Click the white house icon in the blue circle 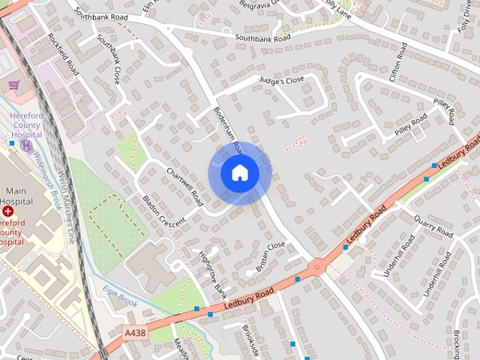239,173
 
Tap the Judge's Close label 282,79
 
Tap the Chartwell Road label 185,187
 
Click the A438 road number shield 136,332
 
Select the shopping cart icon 13,85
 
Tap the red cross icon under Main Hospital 8,212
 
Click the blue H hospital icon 27,145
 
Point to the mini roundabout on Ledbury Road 316,265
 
